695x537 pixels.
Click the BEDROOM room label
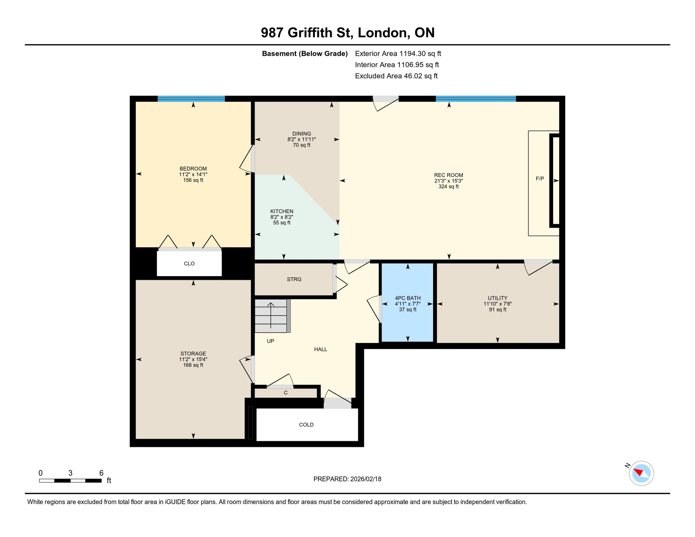click(193, 169)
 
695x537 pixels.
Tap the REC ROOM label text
click(449, 175)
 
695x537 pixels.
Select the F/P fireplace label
click(540, 179)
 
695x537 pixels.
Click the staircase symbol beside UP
click(271, 316)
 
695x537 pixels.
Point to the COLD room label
click(306, 425)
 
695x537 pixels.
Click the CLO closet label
click(189, 264)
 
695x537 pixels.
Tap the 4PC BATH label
click(408, 298)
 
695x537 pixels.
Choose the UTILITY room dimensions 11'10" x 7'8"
click(497, 304)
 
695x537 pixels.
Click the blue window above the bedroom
click(191, 99)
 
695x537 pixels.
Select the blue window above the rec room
click(475, 99)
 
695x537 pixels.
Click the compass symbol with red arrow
click(641, 473)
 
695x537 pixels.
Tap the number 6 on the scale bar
click(101, 473)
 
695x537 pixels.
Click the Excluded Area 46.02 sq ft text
click(396, 76)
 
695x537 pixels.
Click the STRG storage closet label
click(294, 279)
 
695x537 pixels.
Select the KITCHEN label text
click(281, 211)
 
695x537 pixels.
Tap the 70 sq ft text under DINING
click(301, 145)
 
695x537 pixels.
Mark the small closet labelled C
click(286, 393)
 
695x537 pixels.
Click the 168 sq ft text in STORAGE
click(193, 365)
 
